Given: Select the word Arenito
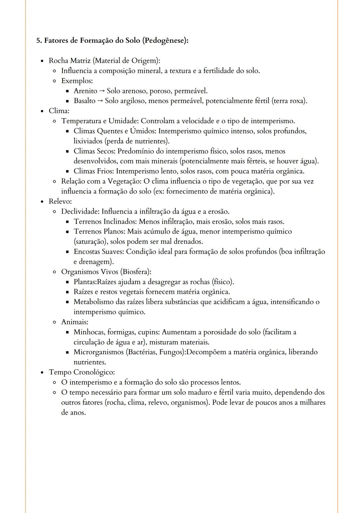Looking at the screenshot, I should (85, 91).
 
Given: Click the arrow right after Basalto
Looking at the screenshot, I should (100, 101).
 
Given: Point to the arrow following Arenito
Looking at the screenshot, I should (102, 91).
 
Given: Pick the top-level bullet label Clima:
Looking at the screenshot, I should (59, 111).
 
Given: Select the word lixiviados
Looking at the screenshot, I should (88, 141).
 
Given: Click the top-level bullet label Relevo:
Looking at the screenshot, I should (60, 201).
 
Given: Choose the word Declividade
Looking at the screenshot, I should (80, 212).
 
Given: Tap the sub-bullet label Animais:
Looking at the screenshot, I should (75, 322).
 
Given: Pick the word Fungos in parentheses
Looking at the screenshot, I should (171, 352).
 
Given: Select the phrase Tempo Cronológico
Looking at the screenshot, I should (81, 372).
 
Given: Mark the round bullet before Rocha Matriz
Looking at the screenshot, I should (42, 61).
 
